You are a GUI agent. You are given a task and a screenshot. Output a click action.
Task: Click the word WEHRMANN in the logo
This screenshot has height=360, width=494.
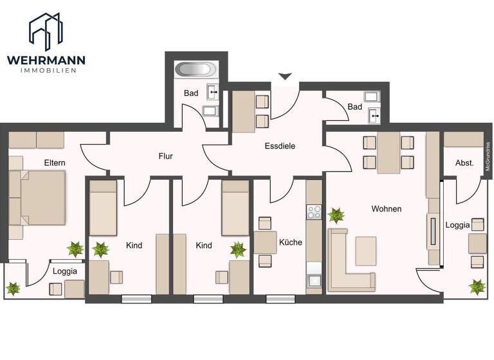tap(46, 60)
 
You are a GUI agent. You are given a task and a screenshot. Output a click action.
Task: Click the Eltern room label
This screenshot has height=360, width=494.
tap(55, 163)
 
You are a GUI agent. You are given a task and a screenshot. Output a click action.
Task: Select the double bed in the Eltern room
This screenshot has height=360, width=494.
tap(42, 197)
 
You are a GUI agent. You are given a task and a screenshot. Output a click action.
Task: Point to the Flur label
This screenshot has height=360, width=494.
tap(166, 156)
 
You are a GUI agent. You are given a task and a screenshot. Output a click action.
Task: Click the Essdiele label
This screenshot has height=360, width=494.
tap(280, 146)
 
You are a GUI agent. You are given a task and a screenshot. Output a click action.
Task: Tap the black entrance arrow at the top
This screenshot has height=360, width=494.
tap(285, 76)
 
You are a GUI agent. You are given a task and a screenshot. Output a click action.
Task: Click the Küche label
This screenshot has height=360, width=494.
tap(290, 242)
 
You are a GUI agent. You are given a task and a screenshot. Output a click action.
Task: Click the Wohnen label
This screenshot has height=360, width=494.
tap(386, 209)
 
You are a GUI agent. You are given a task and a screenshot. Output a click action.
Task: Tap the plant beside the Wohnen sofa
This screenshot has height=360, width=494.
tap(336, 215)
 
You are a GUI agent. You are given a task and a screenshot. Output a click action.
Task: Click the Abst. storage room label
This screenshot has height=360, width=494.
tap(464, 163)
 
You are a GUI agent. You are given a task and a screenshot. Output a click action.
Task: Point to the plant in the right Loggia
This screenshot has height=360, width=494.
tap(477, 286)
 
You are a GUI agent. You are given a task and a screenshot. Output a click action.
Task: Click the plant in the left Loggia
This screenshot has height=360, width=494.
tap(13, 289)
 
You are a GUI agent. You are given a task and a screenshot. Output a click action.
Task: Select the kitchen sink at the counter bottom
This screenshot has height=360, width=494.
tap(314, 280)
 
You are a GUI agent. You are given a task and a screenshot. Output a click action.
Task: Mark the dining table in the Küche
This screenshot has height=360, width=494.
tap(265, 242)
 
